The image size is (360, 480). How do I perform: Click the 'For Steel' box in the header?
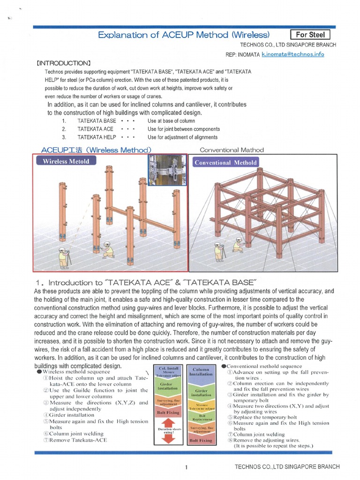pyautogui.click(x=310, y=35)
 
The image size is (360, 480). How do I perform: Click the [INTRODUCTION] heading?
pyautogui.click(x=63, y=63)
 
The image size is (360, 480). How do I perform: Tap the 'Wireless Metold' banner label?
pyautogui.click(x=66, y=161)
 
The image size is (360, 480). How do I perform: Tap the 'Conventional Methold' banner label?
pyautogui.click(x=225, y=162)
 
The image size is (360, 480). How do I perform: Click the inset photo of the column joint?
pyautogui.click(x=167, y=170)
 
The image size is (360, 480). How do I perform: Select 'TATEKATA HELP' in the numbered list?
pyautogui.click(x=97, y=137)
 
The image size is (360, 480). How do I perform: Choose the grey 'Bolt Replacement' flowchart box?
pyautogui.click(x=202, y=417)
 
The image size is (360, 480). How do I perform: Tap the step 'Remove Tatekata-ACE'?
pyautogui.click(x=78, y=440)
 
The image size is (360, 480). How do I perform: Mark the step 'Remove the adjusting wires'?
pyautogui.click(x=268, y=440)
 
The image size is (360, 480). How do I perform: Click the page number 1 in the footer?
pyautogui.click(x=186, y=467)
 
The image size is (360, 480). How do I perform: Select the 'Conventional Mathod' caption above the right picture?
pyautogui.click(x=232, y=150)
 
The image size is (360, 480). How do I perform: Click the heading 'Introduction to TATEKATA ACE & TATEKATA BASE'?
pyautogui.click(x=146, y=282)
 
